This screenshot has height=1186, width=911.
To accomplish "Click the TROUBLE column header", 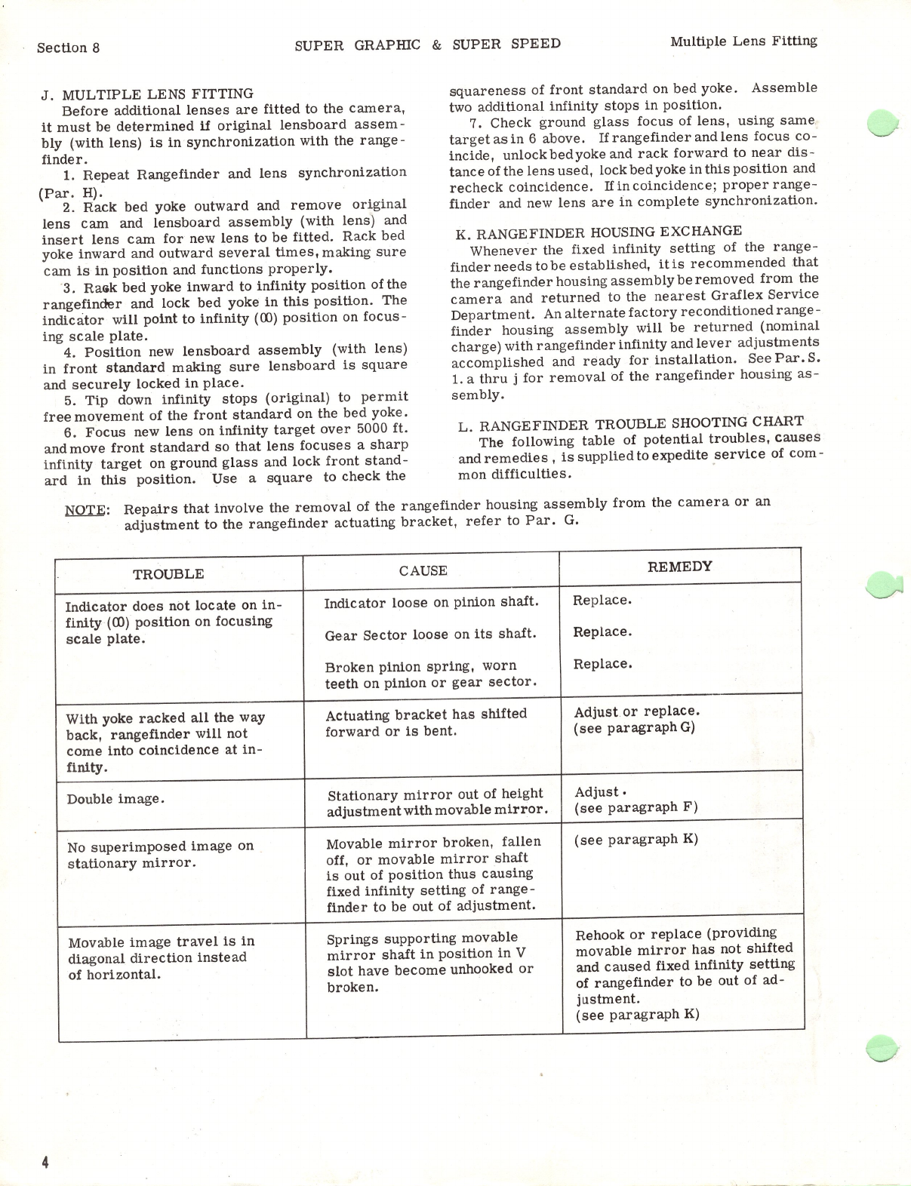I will point(168,574).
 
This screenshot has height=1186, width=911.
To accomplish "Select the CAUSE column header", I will point(423,571).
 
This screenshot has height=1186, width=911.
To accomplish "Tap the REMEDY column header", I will point(679,567).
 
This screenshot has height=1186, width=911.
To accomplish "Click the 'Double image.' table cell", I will point(115,799).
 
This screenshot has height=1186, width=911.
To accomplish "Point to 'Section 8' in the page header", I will point(68,48).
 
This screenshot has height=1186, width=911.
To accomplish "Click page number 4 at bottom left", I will point(45,1163).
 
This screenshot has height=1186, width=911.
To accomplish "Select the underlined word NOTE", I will point(87,509).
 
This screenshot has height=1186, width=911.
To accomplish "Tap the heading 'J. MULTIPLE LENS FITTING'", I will point(147,94).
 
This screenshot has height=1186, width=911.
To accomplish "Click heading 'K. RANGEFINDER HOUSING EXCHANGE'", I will point(599,231).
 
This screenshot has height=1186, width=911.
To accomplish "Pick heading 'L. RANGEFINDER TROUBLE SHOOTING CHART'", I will point(630,422).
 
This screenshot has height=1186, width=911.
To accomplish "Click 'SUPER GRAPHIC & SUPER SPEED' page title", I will point(427,44).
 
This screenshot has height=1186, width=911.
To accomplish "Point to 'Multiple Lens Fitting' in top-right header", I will point(743,41).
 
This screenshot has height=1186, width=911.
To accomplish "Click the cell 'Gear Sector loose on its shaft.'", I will point(430,634).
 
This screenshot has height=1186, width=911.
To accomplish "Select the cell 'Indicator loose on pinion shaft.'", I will point(431,602).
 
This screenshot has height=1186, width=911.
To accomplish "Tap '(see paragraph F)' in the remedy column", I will point(636,807).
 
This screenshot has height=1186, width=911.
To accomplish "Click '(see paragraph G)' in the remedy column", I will point(634,728).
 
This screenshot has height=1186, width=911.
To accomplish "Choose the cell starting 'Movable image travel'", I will point(162,957).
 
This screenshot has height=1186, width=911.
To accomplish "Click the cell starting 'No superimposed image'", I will point(160,854).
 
